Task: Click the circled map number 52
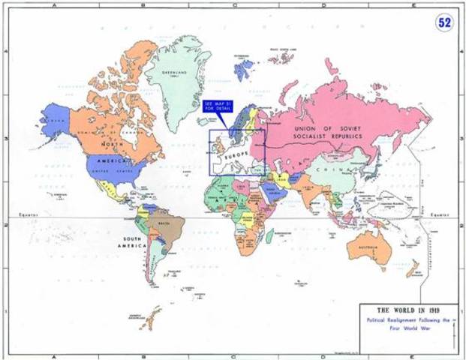tap(444, 22)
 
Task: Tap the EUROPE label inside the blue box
tap(234, 153)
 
